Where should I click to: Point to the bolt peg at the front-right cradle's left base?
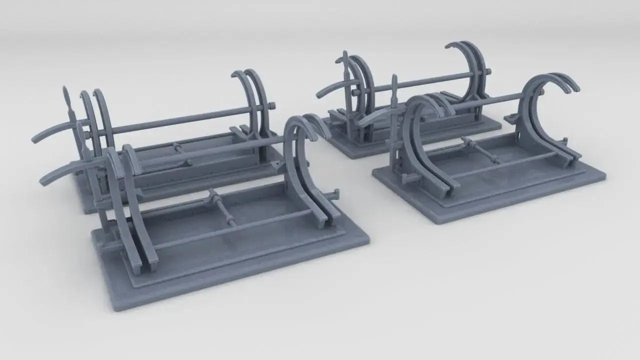coord(406,178)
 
